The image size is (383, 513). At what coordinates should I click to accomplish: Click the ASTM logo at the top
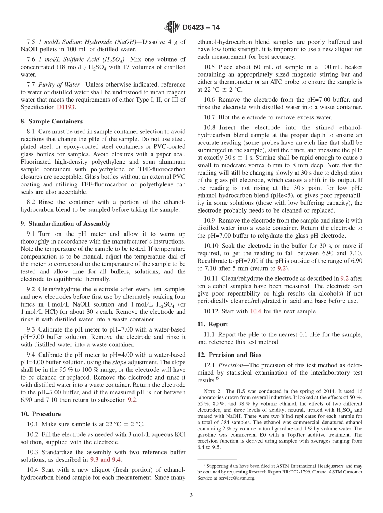coord(172,27)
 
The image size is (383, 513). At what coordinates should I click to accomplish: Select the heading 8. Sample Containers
coord(52,121)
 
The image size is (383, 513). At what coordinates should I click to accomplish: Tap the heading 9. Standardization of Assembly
coord(65,224)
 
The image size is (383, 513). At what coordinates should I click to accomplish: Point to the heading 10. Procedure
coord(41,414)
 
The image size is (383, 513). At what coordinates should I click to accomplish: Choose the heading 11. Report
coord(212,324)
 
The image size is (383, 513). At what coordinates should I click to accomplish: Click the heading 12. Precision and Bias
coord(229,355)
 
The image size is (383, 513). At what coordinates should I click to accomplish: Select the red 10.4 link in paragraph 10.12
coord(256,311)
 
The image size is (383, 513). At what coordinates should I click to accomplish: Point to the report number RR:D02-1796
coord(299,472)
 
